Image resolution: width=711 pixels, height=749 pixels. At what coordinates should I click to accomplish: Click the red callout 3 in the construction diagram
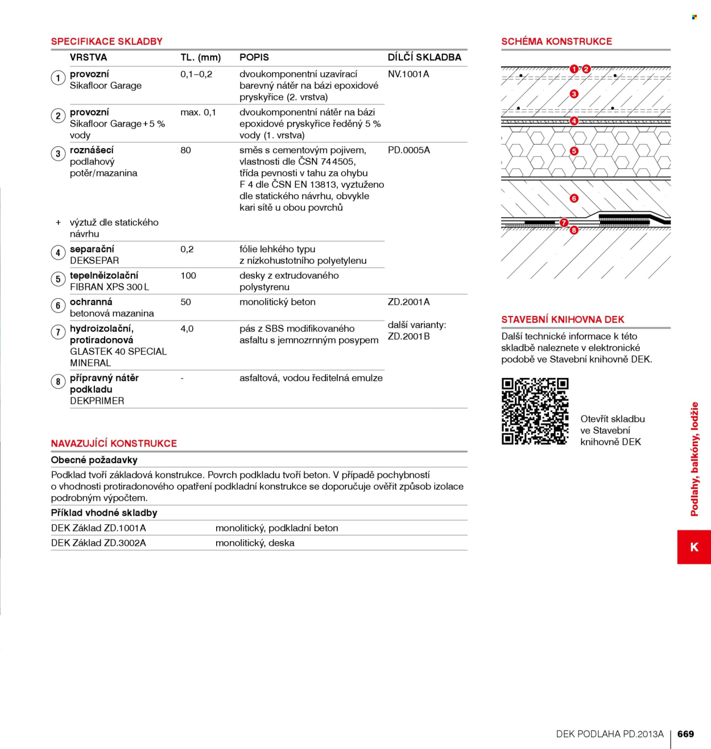click(574, 94)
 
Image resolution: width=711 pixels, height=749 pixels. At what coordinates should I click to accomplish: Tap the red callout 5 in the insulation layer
click(574, 151)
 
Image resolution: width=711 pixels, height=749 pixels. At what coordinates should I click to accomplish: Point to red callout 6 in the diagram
click(574, 198)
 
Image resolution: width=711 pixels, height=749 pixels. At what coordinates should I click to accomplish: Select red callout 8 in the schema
click(574, 230)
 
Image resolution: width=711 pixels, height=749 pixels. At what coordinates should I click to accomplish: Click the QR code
click(535, 411)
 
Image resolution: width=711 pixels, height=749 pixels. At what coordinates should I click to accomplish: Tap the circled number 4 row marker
click(58, 253)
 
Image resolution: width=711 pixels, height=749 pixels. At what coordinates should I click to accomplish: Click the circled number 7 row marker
click(58, 332)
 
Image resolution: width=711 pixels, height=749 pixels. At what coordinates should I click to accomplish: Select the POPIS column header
click(254, 57)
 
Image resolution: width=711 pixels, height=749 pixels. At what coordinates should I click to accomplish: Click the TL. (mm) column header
click(200, 57)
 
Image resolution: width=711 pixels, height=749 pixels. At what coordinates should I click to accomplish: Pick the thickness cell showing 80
click(185, 150)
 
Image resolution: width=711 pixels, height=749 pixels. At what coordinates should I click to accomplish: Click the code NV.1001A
click(408, 74)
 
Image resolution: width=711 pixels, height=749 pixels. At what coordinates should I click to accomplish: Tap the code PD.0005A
click(408, 150)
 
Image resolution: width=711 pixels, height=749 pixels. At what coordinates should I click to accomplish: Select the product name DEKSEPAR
click(94, 261)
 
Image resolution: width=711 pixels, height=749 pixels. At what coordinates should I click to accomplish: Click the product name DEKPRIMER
click(97, 401)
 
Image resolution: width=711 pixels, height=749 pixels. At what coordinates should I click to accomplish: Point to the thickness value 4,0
click(187, 329)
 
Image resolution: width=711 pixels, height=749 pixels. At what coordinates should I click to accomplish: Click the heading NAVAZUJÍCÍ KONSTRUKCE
click(114, 443)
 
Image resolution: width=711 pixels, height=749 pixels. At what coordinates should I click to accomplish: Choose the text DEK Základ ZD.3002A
click(98, 543)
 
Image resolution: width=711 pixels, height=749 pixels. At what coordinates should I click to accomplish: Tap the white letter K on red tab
click(695, 547)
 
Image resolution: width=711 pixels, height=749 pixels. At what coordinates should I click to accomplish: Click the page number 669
click(685, 734)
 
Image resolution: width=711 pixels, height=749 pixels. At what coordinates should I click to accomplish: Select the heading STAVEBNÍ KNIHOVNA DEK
click(563, 320)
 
